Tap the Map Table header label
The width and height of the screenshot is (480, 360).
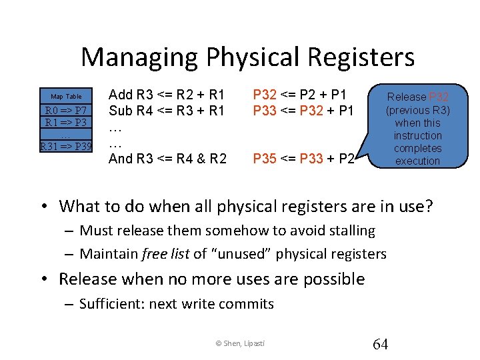tap(66, 97)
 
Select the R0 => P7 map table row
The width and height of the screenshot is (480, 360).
tap(66, 110)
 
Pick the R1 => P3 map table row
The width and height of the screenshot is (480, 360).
tap(66, 123)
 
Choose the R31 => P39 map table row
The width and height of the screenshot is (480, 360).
tap(66, 146)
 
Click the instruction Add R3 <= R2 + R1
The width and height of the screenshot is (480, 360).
tap(167, 95)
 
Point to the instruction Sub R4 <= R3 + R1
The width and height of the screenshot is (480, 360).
tap(167, 110)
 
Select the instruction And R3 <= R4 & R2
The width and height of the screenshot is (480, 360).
tap(167, 159)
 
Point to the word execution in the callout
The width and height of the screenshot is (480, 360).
tap(417, 161)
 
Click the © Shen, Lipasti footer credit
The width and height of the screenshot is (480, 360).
tap(240, 343)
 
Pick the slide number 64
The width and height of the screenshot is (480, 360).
tap(380, 344)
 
